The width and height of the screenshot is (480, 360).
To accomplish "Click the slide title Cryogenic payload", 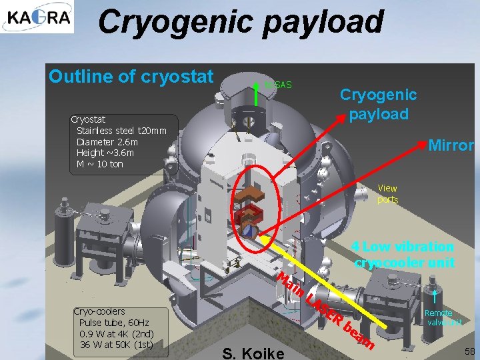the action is point(241,21).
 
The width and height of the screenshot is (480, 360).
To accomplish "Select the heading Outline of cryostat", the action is point(131,76).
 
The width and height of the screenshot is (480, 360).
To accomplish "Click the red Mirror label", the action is point(450,145).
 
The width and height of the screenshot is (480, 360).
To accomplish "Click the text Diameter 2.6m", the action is point(107,142).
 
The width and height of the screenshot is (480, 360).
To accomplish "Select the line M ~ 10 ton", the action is point(99,164).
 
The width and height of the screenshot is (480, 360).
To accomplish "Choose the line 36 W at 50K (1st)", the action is point(117,344).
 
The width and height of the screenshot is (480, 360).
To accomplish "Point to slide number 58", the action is point(469,351).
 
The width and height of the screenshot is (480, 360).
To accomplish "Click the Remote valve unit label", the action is point(443,317).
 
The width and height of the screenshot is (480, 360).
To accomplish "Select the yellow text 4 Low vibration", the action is point(403,247).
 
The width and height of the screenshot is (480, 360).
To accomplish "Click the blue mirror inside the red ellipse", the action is point(247,231).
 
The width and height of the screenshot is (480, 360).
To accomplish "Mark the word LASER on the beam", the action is point(325,312).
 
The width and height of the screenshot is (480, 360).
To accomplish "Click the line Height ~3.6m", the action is point(105,153).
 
